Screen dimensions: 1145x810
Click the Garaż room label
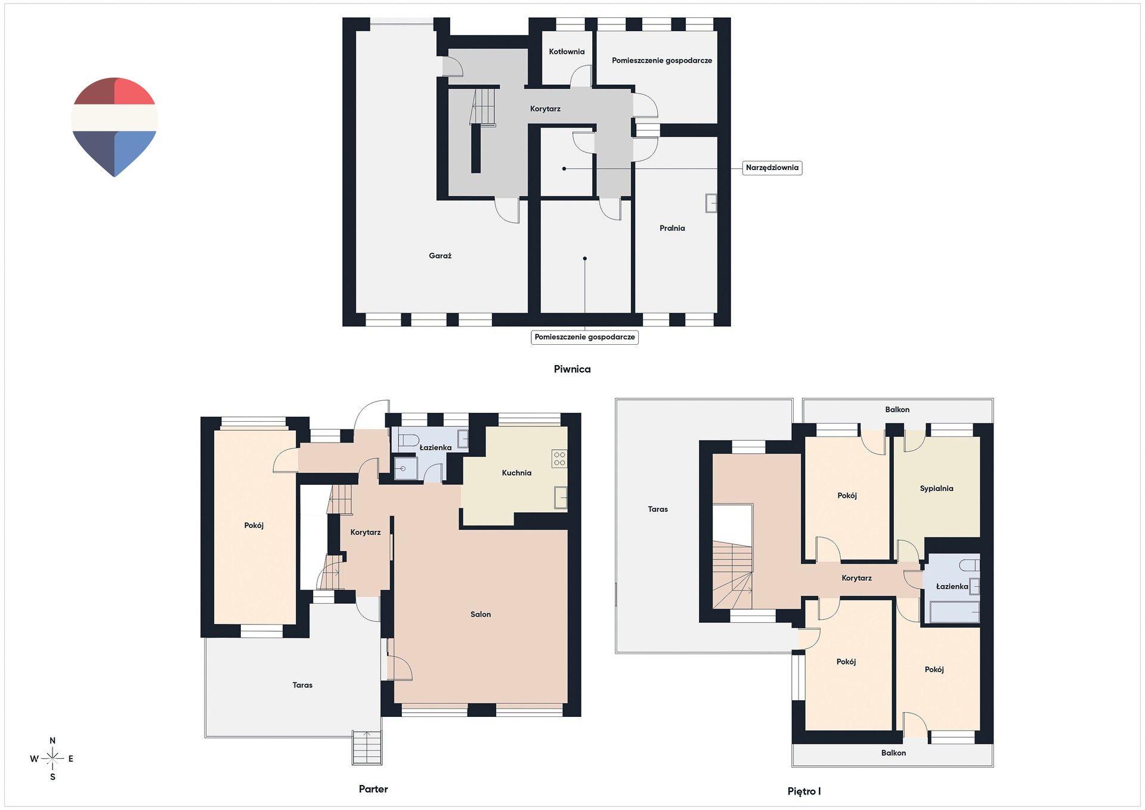point(440,256)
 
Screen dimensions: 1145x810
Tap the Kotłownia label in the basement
point(567,52)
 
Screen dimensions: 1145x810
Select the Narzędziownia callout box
point(772,168)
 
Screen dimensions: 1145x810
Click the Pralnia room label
point(672,228)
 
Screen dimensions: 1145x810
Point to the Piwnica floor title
point(572,369)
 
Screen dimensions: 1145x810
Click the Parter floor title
point(373,789)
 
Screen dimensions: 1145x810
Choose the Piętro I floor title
point(804,792)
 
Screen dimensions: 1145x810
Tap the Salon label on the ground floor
point(481,614)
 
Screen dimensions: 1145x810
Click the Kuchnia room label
point(516,473)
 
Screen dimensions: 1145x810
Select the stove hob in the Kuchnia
point(559,458)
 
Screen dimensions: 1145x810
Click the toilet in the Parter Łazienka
point(410,441)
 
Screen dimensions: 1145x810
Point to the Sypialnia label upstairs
point(936,489)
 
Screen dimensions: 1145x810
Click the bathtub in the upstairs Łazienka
point(954,613)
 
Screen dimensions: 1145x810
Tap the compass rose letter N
point(52,741)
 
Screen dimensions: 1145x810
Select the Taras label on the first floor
point(658,509)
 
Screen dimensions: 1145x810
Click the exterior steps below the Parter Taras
point(367,748)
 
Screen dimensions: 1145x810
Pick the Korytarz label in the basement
point(545,109)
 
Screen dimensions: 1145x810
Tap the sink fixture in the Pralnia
point(711,203)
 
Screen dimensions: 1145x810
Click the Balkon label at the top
point(897,410)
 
